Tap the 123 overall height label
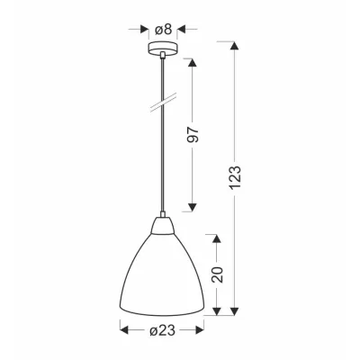coord(236,179)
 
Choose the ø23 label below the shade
coord(162,330)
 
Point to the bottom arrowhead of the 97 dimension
coord(192,206)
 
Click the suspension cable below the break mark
coord(162,162)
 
